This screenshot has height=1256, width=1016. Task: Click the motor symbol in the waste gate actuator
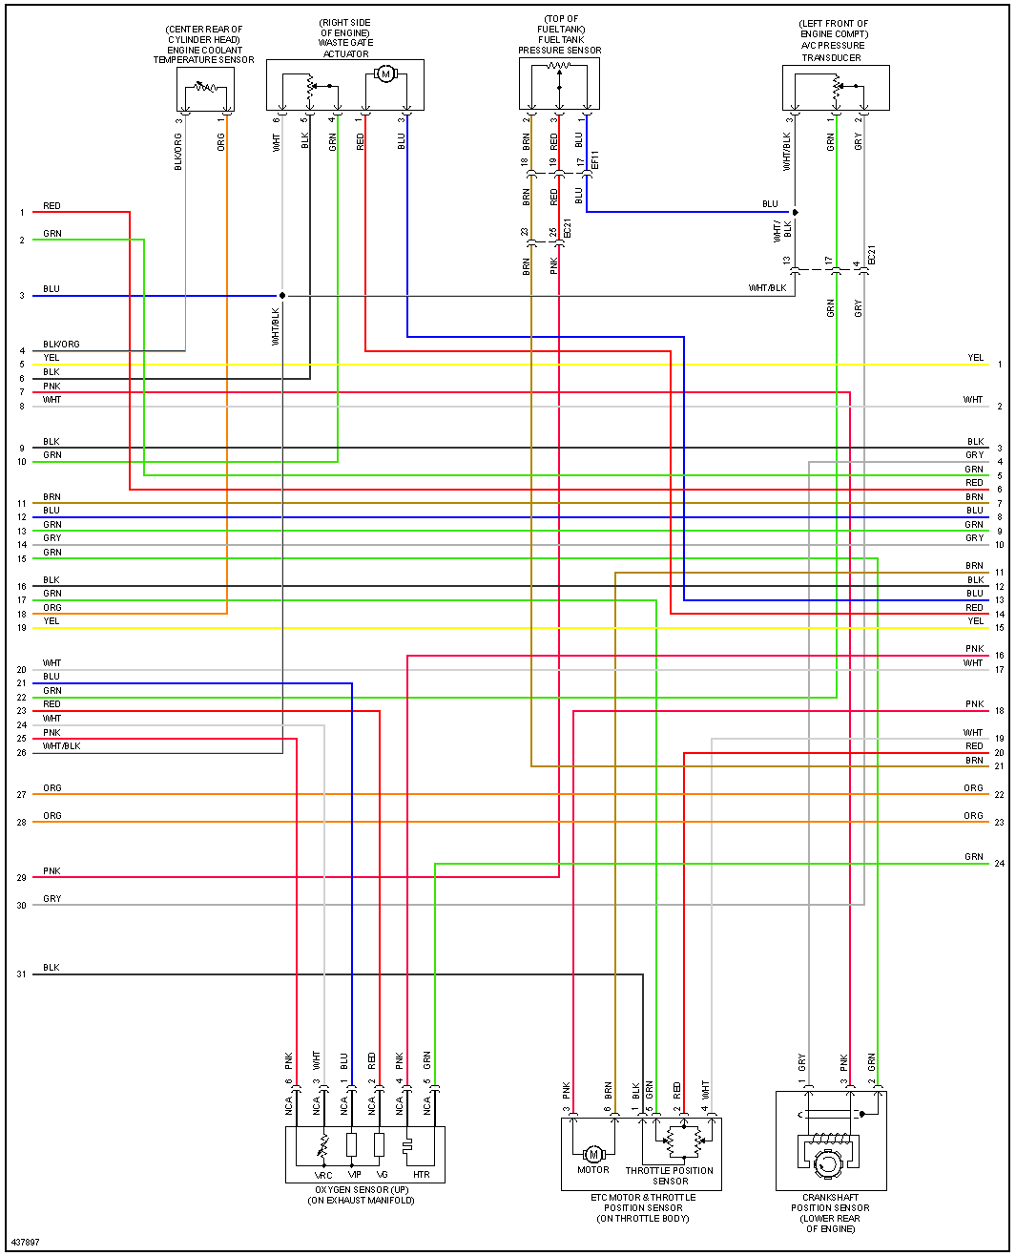tap(385, 73)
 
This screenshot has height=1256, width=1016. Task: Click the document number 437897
tap(26, 1243)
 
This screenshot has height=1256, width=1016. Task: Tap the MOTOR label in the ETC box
tap(592, 1170)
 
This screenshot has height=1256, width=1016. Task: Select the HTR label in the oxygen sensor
tap(422, 1175)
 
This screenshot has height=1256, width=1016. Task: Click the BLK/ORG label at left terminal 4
tap(61, 345)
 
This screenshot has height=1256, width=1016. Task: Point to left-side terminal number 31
tap(22, 974)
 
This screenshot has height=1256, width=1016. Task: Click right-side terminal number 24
tap(999, 864)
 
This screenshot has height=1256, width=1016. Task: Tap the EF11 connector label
tap(595, 159)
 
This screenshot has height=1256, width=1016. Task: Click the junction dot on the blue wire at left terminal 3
tap(282, 296)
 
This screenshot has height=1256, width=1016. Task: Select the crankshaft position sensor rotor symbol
tap(826, 1162)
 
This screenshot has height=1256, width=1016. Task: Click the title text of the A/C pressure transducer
tap(833, 40)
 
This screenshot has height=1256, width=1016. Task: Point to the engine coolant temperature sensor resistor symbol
tap(205, 87)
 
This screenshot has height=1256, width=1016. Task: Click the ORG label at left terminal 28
tap(52, 816)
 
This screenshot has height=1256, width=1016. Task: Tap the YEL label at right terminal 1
tap(975, 358)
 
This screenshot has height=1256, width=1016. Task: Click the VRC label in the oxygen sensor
tap(323, 1175)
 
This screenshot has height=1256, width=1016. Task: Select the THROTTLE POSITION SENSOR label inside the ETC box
tap(670, 1176)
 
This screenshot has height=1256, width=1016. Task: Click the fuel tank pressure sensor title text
tap(560, 34)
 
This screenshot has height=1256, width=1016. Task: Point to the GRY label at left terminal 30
tap(52, 899)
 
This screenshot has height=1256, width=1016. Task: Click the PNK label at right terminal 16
tap(974, 649)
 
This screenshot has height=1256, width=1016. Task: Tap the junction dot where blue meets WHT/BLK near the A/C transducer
tap(795, 212)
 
